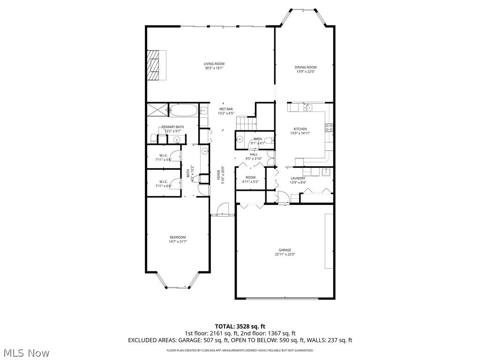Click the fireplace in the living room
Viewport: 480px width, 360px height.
tap(154, 65)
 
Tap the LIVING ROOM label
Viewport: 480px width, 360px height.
tap(214, 64)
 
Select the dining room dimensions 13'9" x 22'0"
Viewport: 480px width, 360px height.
tap(306, 72)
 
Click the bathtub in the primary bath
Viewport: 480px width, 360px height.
tap(184, 110)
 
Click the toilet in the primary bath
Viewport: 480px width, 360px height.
tap(153, 138)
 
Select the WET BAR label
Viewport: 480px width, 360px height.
tap(225, 109)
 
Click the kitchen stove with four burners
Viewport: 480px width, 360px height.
tap(329, 127)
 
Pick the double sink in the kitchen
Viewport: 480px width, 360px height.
tap(307, 108)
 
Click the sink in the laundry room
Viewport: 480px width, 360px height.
tap(326, 172)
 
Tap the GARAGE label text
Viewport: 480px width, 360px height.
tap(285, 250)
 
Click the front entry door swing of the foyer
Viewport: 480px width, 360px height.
tap(224, 208)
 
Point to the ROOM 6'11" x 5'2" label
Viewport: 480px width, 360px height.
tap(250, 179)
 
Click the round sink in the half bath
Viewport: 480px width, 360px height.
tap(239, 139)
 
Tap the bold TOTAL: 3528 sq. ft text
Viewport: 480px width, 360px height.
tap(240, 326)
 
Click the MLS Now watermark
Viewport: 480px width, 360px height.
tap(26, 352)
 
